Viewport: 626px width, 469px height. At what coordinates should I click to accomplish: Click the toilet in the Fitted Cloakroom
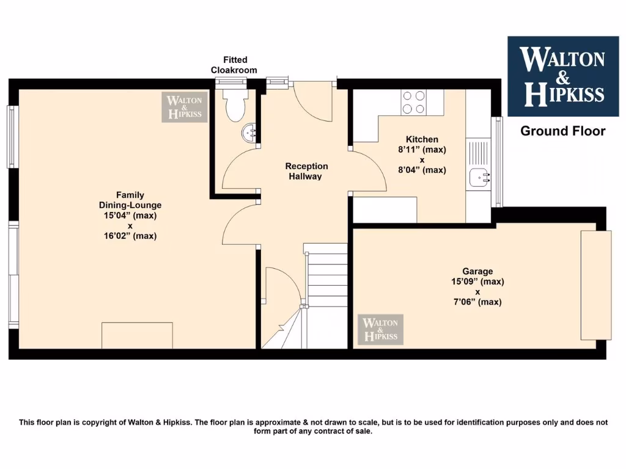pyautogui.click(x=234, y=104)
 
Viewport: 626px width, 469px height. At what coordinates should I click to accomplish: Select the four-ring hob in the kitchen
pyautogui.click(x=413, y=102)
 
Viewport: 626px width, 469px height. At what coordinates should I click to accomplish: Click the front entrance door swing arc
pyautogui.click(x=312, y=104)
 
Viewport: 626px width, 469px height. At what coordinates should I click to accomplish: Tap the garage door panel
pyautogui.click(x=596, y=285)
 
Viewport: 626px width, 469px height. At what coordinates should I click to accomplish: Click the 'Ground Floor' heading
pyautogui.click(x=562, y=131)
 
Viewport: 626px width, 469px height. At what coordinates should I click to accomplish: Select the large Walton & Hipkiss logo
pyautogui.click(x=562, y=76)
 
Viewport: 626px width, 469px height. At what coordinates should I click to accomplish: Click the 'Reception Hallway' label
pyautogui.click(x=306, y=171)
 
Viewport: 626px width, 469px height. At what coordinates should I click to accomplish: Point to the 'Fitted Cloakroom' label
pyautogui.click(x=235, y=65)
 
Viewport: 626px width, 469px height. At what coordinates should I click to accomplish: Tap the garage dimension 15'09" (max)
pyautogui.click(x=477, y=282)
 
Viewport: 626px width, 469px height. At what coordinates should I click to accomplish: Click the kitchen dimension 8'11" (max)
pyautogui.click(x=422, y=149)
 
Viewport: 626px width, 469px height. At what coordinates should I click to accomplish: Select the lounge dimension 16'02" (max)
pyautogui.click(x=130, y=235)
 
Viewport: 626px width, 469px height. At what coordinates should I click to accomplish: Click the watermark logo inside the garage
pyautogui.click(x=380, y=329)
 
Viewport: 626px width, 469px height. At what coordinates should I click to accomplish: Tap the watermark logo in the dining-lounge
pyautogui.click(x=185, y=107)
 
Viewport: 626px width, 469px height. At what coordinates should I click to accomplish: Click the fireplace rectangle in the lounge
pyautogui.click(x=137, y=335)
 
